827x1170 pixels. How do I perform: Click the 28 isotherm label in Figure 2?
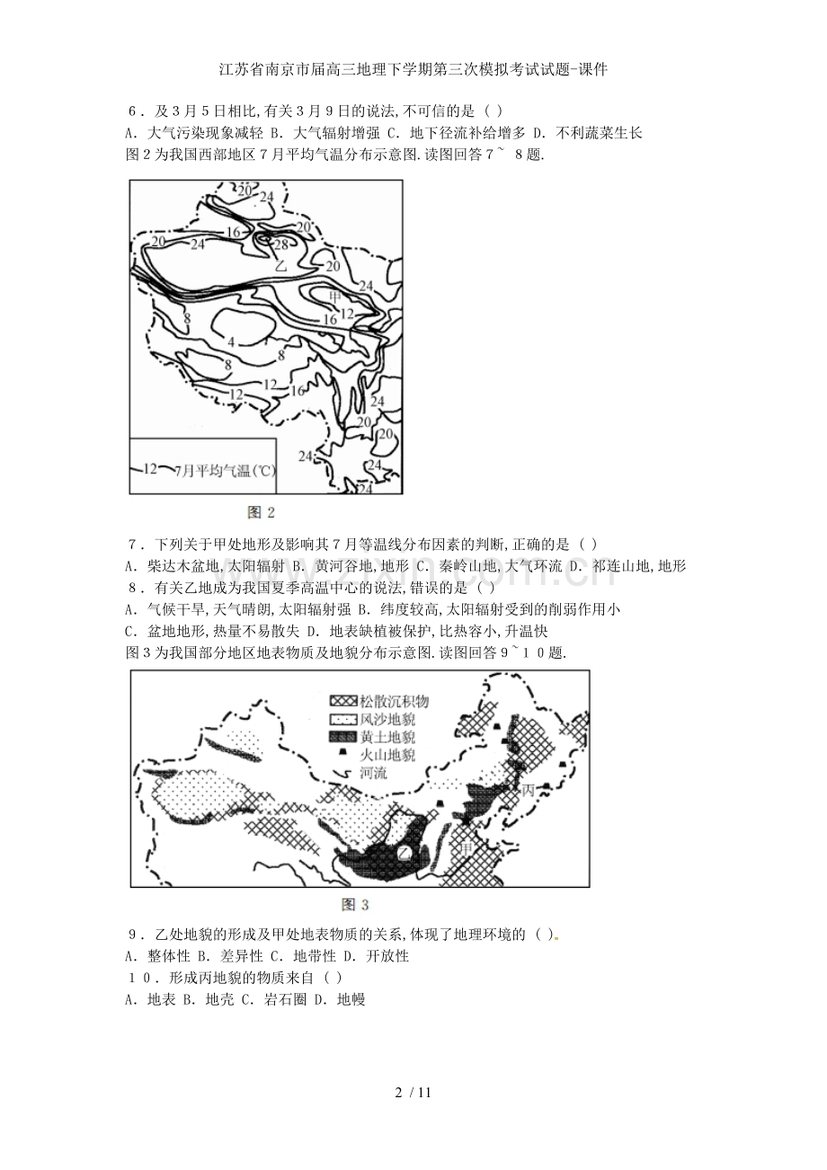pos(281,244)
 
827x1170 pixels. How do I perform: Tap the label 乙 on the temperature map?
pos(281,265)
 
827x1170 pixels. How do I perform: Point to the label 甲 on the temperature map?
pos(335,297)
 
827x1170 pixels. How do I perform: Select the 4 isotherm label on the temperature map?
pos(231,342)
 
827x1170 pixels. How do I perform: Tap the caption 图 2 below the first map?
pos(261,512)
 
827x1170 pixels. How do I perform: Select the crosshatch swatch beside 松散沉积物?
pos(343,701)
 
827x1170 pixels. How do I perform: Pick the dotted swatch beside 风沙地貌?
pos(343,719)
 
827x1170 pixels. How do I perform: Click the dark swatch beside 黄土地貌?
pos(343,737)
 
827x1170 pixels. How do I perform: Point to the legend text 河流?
pos(374,773)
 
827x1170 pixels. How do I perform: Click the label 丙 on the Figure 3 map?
pos(529,790)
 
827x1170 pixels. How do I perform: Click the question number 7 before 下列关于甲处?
pos(133,545)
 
